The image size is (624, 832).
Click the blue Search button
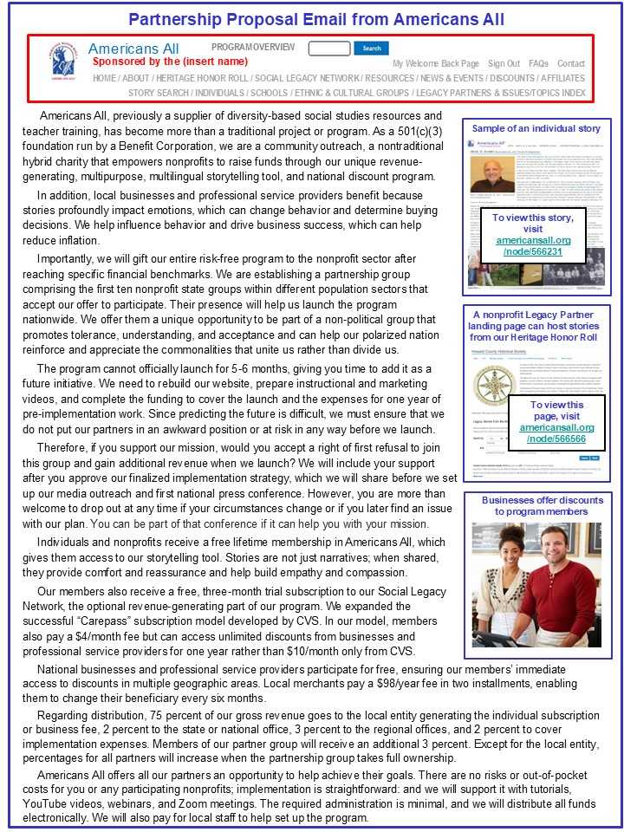pos(371,49)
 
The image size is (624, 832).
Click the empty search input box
pos(329,49)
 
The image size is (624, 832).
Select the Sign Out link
pos(504,64)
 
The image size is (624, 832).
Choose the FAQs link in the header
pos(538,64)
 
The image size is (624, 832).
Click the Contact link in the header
pos(571,64)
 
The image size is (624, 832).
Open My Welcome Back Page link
pos(436,64)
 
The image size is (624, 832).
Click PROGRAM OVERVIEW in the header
pos(253,48)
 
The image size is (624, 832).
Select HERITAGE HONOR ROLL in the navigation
pos(203,78)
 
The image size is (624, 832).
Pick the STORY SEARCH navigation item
pos(159,93)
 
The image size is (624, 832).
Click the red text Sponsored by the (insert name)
pos(170,62)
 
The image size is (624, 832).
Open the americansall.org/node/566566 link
pos(557,433)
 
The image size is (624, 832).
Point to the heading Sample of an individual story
pos(536,128)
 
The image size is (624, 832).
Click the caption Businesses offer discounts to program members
pos(543,506)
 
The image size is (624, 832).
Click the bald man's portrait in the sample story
pos(491,172)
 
